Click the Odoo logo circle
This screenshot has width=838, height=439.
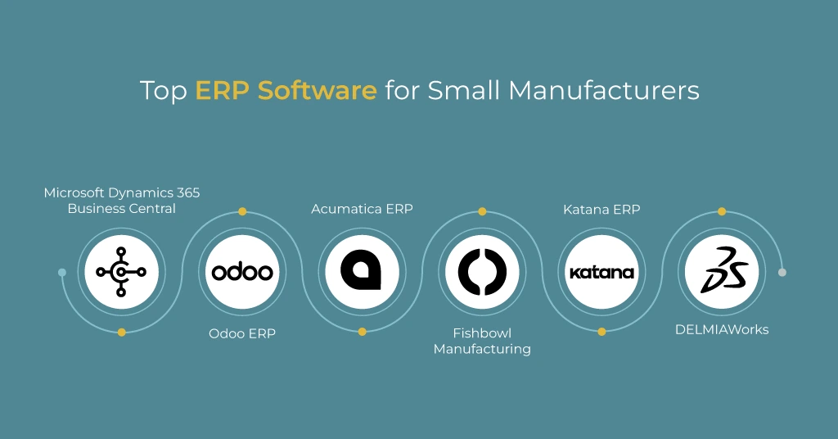(242, 272)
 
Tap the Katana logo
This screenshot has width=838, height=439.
(601, 272)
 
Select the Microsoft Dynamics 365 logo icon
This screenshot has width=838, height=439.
(121, 272)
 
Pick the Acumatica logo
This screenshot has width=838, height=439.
(362, 272)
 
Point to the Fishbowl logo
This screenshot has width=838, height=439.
(482, 272)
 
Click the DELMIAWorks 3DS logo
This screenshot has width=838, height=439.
(722, 272)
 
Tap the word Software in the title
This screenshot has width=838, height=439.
(317, 90)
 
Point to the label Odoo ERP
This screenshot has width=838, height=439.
(242, 333)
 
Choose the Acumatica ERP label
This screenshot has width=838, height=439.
(362, 210)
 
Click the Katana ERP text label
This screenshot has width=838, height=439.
(601, 210)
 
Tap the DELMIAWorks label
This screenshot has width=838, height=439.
(722, 330)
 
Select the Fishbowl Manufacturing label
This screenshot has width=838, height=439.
(482, 341)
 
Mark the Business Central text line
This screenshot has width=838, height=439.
(121, 208)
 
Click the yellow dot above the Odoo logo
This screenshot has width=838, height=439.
(242, 211)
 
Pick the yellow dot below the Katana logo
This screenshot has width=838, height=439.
(601, 332)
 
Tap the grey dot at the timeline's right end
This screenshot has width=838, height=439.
(782, 272)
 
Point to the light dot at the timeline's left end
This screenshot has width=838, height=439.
(62, 272)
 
